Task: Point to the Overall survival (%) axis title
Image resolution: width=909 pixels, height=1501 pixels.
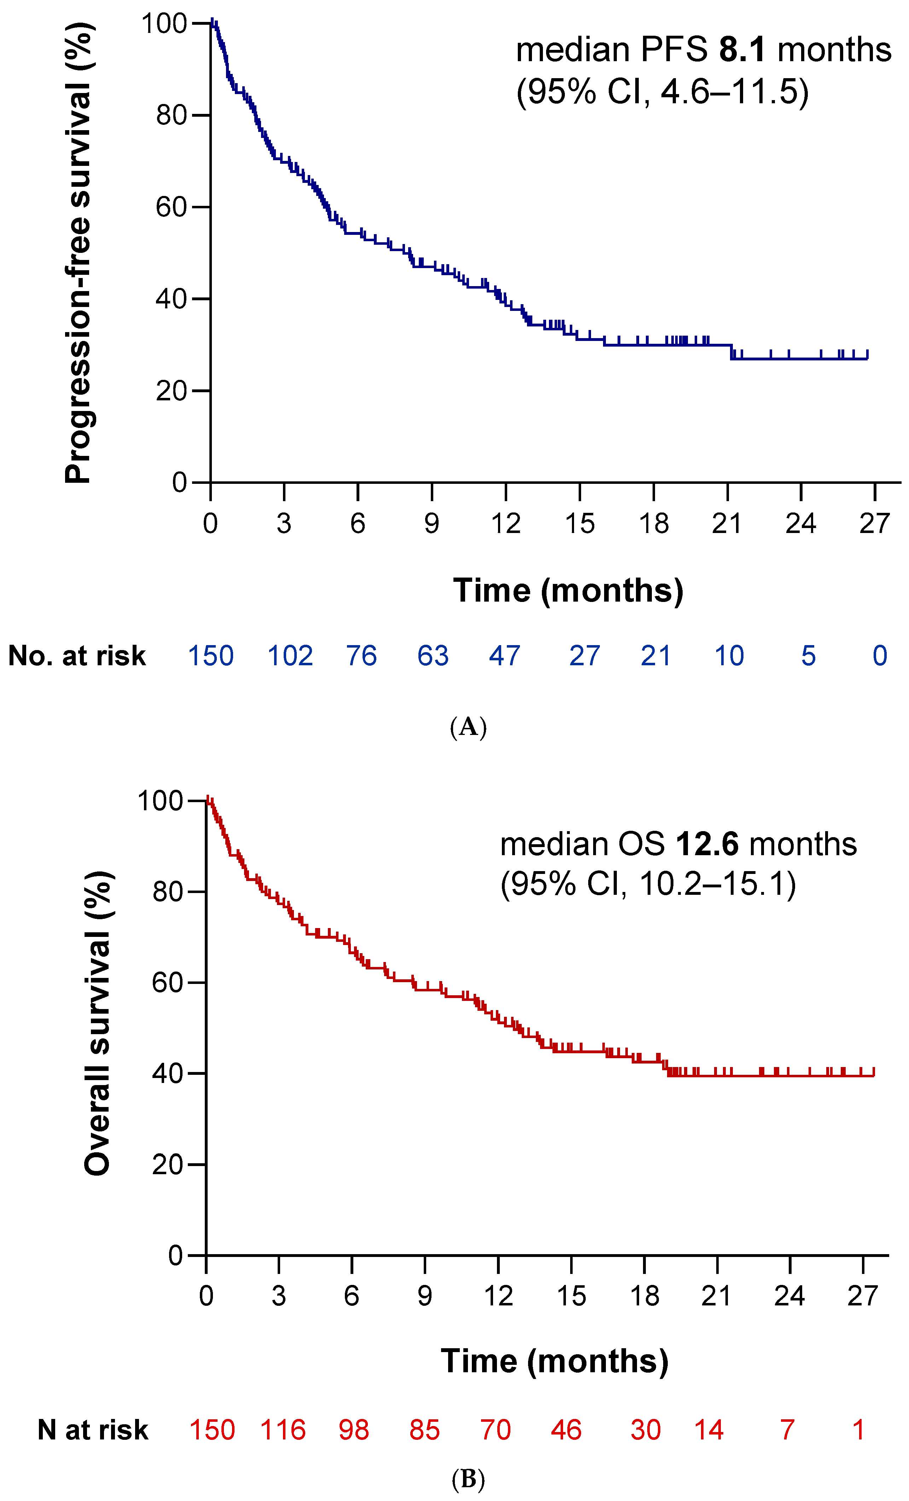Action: click(x=98, y=1024)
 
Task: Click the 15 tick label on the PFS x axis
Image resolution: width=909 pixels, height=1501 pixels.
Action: click(x=579, y=523)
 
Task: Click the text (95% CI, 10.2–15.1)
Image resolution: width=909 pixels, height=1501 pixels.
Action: click(x=648, y=884)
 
